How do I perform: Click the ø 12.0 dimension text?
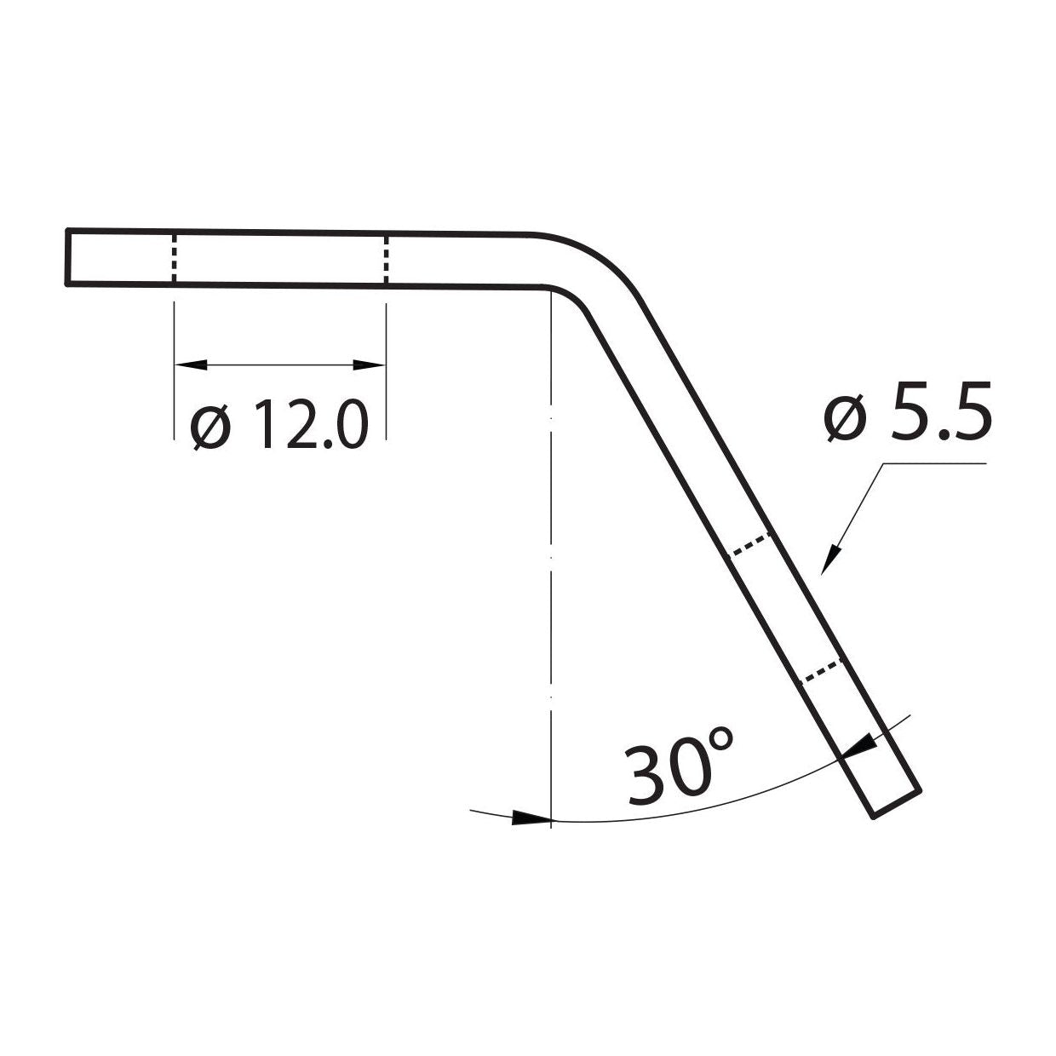[279, 424]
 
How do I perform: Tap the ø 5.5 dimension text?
[907, 410]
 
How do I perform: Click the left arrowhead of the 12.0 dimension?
[190, 365]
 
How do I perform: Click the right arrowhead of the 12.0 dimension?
[370, 365]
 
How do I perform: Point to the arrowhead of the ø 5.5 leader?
[829, 561]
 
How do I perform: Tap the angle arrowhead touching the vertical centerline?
[531, 818]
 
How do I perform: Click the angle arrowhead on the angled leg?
[858, 746]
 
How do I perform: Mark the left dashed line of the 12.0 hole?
[174, 257]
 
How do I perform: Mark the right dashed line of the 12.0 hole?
[387, 259]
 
